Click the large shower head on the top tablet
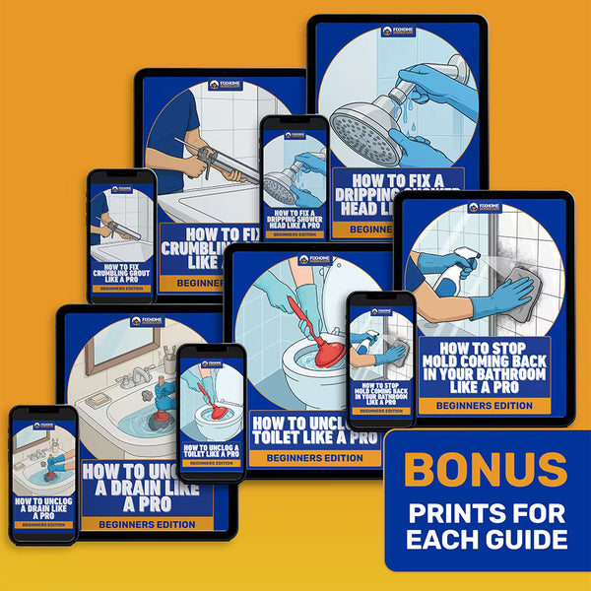coord(369,123)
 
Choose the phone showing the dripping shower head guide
coord(293,178)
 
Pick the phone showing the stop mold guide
coord(380,359)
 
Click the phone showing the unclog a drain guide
coord(43,472)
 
